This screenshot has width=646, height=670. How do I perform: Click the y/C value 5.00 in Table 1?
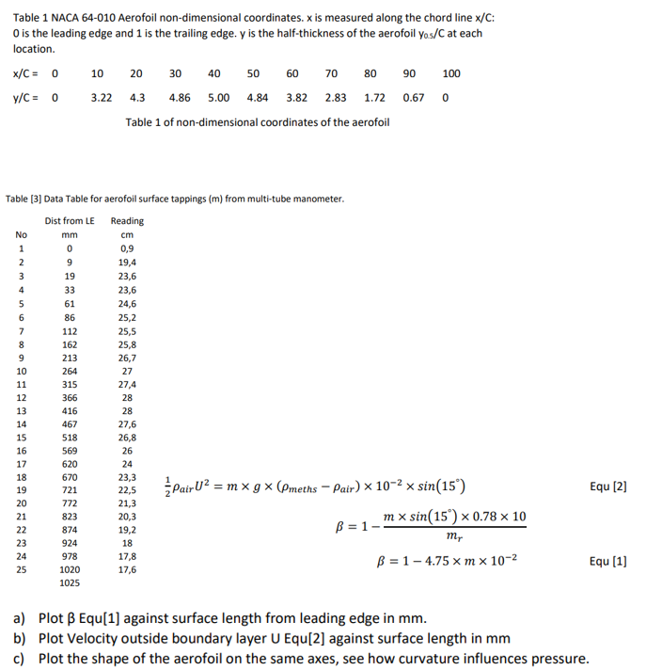[218, 97]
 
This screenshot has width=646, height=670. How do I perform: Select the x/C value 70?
[331, 73]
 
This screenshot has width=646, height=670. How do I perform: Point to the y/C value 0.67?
[413, 97]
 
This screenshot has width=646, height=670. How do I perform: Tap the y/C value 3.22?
[102, 97]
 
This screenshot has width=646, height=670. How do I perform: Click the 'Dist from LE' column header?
[70, 220]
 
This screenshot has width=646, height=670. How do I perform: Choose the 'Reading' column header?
[127, 220]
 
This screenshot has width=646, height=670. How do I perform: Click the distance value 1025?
[70, 583]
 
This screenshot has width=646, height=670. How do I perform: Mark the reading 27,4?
[127, 385]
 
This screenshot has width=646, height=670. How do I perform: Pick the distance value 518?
[70, 438]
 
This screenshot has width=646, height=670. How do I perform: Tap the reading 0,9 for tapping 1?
[127, 248]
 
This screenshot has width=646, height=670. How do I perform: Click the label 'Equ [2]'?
[607, 487]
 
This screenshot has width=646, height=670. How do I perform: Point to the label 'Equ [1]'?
[607, 561]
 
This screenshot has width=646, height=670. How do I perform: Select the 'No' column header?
[22, 234]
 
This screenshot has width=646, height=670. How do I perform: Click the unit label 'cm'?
[127, 235]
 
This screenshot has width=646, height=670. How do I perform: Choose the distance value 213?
[70, 359]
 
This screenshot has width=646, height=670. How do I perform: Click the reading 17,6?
[127, 569]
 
